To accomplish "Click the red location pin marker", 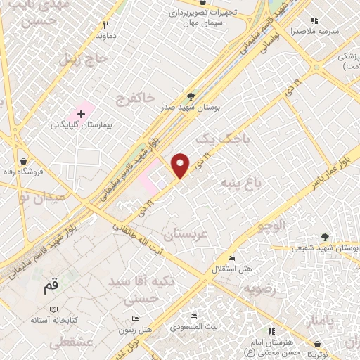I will click(x=181, y=165).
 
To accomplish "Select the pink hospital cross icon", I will click(x=81, y=113).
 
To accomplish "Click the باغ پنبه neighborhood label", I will click(x=242, y=184).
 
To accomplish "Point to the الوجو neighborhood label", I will click(x=269, y=226).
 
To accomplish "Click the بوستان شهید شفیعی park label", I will click(x=325, y=247).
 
